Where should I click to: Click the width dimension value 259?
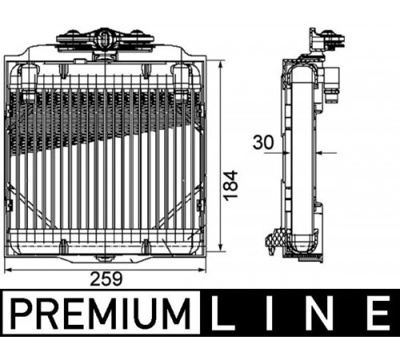[106, 278]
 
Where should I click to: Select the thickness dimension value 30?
[263, 142]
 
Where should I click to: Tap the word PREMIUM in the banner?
[102, 314]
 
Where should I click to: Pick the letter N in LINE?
[320, 314]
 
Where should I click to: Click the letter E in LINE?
[378, 314]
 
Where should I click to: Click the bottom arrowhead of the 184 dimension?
[220, 247]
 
